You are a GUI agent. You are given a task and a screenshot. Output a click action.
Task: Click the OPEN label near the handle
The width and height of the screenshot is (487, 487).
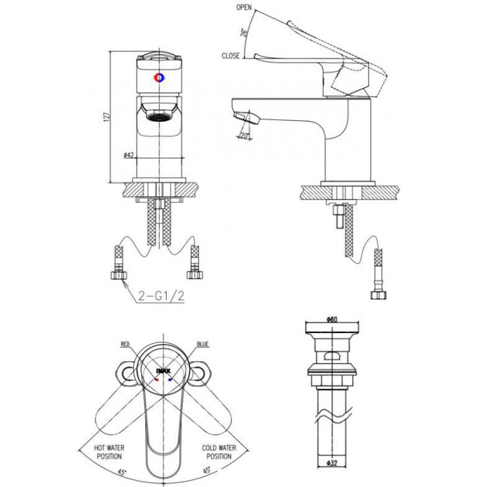click(245, 9)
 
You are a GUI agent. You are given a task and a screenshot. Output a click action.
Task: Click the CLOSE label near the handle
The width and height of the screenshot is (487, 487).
click(230, 57)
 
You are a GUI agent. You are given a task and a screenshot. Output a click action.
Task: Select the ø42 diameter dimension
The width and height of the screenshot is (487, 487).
click(129, 155)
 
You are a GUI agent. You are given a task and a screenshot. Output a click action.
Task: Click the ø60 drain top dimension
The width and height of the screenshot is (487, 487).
click(332, 320)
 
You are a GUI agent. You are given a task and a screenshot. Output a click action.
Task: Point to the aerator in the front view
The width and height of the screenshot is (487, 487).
click(158, 118)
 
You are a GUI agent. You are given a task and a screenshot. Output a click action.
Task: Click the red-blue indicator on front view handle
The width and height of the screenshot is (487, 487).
click(159, 78)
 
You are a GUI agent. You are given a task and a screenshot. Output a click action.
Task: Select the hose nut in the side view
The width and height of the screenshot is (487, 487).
click(378, 294)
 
